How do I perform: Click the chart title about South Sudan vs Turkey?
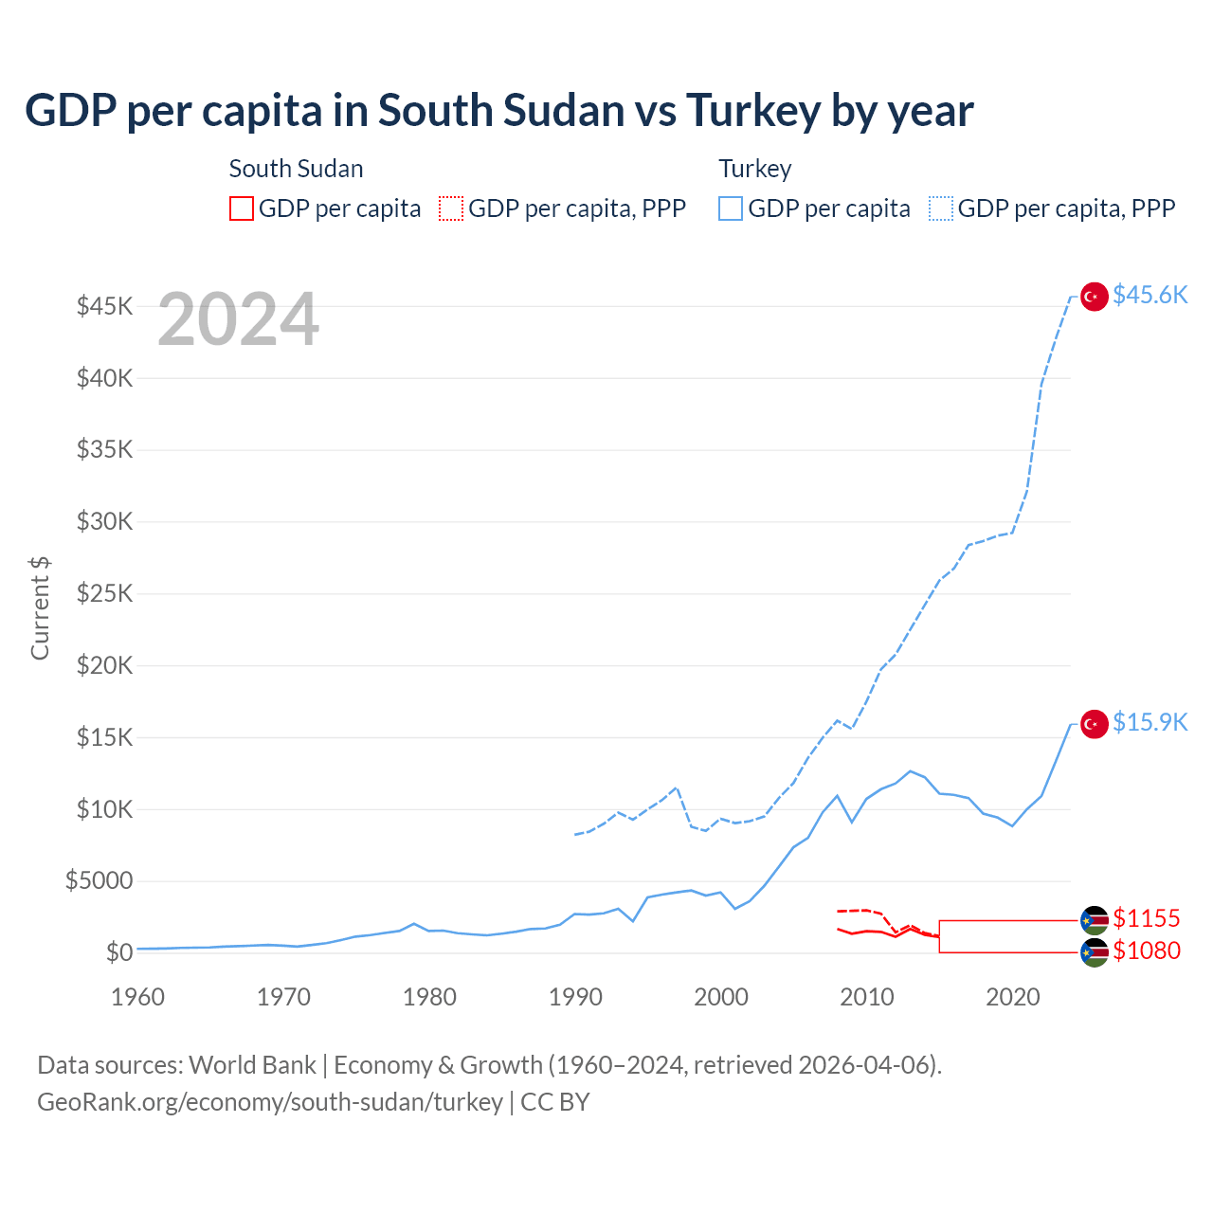[498, 111]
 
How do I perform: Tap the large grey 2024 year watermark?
[238, 320]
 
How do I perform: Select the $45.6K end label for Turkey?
[1150, 295]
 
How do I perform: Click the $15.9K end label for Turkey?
[1150, 722]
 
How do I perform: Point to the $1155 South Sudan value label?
[1146, 918]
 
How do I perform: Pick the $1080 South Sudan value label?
[1146, 950]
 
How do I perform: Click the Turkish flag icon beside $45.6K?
[1095, 297]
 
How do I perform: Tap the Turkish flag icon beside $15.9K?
[1095, 724]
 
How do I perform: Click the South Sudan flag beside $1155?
[1095, 920]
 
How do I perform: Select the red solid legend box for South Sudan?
[242, 208]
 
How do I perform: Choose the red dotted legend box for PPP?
[451, 208]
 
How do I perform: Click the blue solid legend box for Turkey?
[731, 208]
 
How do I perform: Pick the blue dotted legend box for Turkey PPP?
[941, 208]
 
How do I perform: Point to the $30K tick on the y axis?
[105, 521]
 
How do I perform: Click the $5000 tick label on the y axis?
[99, 880]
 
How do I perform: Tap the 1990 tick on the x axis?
[575, 997]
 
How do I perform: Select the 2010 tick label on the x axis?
[867, 997]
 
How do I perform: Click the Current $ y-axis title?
[40, 607]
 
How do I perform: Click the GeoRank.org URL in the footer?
[270, 1102]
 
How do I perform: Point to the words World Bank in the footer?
[252, 1065]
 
